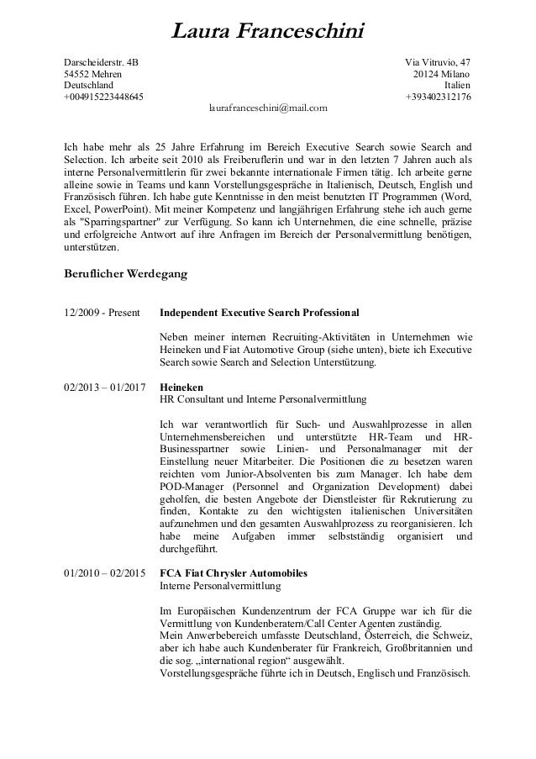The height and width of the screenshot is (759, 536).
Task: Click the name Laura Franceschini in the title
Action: pyautogui.click(x=268, y=33)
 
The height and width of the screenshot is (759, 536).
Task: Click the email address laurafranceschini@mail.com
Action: pyautogui.click(x=268, y=108)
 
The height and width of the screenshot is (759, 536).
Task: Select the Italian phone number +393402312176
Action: pyautogui.click(x=438, y=98)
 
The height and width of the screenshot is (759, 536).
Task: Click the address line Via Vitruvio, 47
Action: pyautogui.click(x=438, y=62)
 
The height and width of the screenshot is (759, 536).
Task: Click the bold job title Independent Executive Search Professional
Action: pyautogui.click(x=259, y=313)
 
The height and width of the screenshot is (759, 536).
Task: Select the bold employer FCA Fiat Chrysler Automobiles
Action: pyautogui.click(x=234, y=573)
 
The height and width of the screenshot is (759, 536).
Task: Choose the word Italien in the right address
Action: pyautogui.click(x=457, y=86)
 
